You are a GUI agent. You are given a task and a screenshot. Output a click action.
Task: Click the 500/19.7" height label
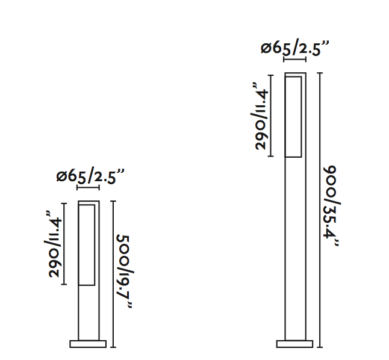pyautogui.click(x=125, y=271)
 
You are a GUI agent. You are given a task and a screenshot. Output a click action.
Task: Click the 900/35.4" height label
pyautogui.click(x=332, y=206)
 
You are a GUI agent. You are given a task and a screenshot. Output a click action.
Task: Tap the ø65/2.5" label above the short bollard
pyautogui.click(x=90, y=176)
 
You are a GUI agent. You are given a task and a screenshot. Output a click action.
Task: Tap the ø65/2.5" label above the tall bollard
pyautogui.click(x=294, y=48)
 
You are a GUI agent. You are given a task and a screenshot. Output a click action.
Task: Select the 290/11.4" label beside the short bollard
pyautogui.click(x=54, y=244)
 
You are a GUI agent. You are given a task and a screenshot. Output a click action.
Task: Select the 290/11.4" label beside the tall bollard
pyautogui.click(x=260, y=116)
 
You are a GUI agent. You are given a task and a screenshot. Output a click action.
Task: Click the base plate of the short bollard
pyautogui.click(x=88, y=344)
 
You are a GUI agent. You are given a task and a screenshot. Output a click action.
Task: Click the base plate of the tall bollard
pyautogui.click(x=294, y=344)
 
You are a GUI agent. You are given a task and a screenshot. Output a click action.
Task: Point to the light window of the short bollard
pyautogui.click(x=87, y=245)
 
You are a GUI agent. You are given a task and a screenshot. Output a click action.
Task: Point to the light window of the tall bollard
pyautogui.click(x=293, y=117)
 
